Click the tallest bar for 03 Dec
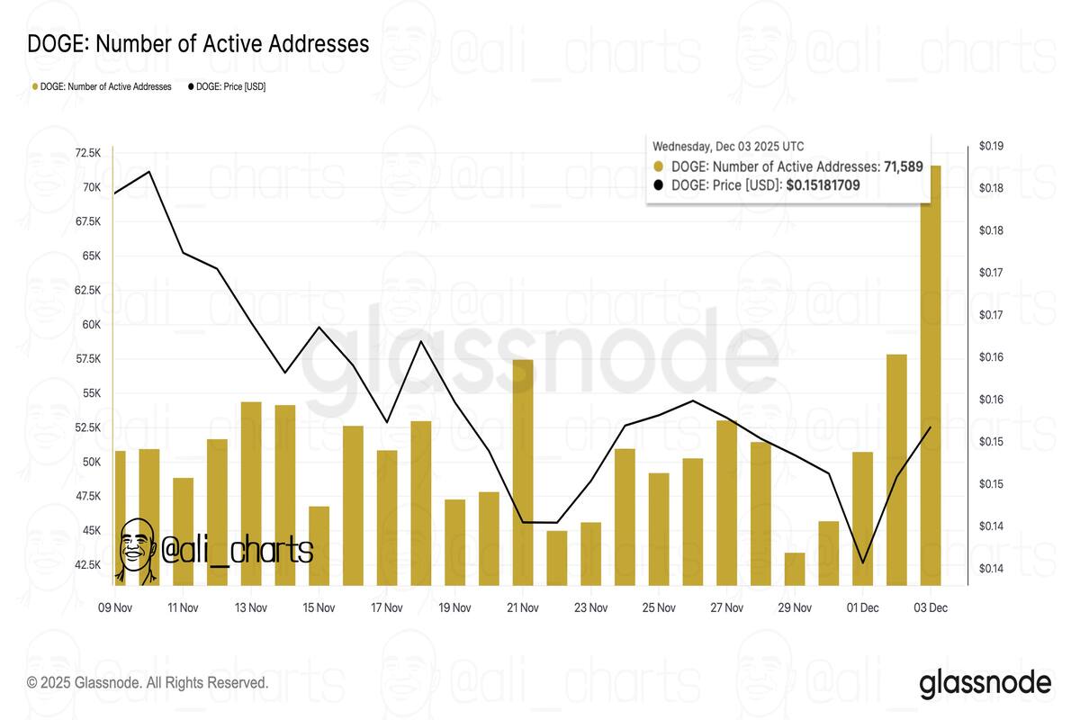tap(931, 378)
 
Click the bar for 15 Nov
tap(319, 545)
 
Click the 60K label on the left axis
tap(91, 325)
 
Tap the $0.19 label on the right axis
tap(992, 146)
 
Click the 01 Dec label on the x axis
tap(862, 607)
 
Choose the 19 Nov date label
tap(454, 607)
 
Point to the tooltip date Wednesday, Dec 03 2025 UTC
tap(728, 146)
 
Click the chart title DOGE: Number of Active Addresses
tap(198, 43)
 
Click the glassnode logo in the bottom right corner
tap(985, 683)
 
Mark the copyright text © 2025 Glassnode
tap(148, 683)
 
